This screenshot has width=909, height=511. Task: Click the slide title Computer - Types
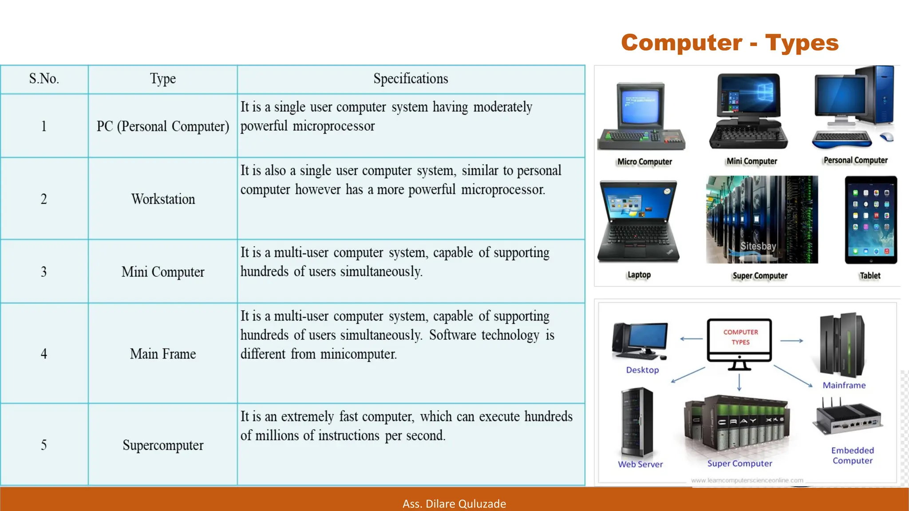click(730, 43)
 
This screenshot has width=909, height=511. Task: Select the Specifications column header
click(411, 79)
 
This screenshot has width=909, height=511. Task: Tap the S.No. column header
click(44, 79)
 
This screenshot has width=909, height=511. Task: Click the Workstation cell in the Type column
click(163, 199)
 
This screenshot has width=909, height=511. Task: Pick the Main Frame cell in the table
click(163, 354)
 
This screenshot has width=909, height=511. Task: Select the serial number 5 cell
click(44, 445)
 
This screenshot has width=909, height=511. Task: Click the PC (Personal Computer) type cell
click(163, 126)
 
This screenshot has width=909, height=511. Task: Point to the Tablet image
click(871, 220)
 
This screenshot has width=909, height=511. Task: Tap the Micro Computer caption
click(644, 162)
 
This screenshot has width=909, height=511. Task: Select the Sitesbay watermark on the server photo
click(758, 246)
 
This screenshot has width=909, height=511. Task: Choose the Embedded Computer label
click(852, 456)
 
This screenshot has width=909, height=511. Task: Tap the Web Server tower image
click(637, 423)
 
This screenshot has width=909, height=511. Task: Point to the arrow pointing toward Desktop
click(691, 339)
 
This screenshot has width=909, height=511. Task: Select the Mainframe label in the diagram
click(844, 385)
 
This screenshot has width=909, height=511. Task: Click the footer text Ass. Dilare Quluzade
click(454, 504)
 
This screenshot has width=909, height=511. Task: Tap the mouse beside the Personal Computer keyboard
click(886, 137)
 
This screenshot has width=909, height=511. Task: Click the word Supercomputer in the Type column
click(163, 445)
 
